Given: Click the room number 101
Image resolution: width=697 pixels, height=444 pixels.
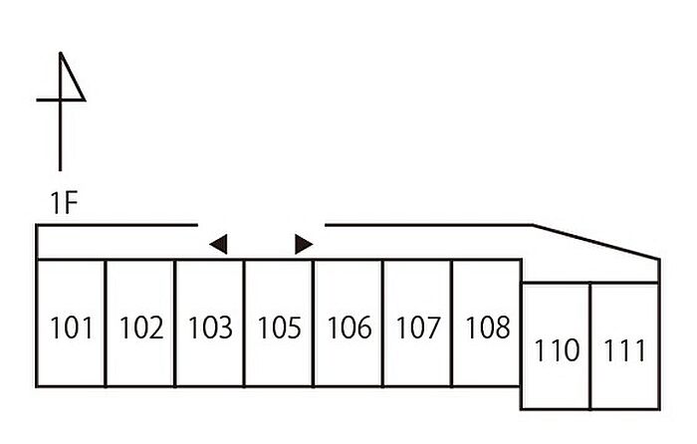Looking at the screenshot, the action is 71,328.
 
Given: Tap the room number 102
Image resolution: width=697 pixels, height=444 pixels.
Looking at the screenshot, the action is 140,328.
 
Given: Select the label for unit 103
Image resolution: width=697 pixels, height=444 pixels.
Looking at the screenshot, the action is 210,328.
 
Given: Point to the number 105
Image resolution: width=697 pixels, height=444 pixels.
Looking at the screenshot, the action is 279,328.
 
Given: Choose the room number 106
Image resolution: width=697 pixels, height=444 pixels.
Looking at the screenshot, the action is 348,328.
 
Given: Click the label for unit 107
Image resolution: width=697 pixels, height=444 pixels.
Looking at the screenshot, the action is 417,328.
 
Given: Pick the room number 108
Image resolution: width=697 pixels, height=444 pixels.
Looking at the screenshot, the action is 487,328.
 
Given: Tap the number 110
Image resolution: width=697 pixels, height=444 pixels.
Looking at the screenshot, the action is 557,350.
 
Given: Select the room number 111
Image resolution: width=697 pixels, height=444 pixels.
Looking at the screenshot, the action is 624,350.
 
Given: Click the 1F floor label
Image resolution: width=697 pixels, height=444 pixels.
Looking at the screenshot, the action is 64,205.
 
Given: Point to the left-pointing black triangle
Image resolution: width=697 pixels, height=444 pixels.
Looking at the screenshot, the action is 219,244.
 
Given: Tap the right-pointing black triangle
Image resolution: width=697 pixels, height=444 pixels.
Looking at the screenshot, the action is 304,244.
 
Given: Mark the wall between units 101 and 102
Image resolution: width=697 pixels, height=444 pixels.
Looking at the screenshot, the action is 106,324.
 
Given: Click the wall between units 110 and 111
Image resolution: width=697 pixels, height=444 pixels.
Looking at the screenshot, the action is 590,346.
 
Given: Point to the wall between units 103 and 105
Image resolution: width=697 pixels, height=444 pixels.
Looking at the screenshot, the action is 245,324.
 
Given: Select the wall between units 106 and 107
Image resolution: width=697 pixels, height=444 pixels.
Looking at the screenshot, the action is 383,324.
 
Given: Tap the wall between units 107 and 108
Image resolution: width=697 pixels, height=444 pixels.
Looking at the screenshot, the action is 452,324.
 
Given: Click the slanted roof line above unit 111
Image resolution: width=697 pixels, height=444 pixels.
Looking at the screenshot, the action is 597,243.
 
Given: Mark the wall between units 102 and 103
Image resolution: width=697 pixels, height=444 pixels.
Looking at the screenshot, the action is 175,324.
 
